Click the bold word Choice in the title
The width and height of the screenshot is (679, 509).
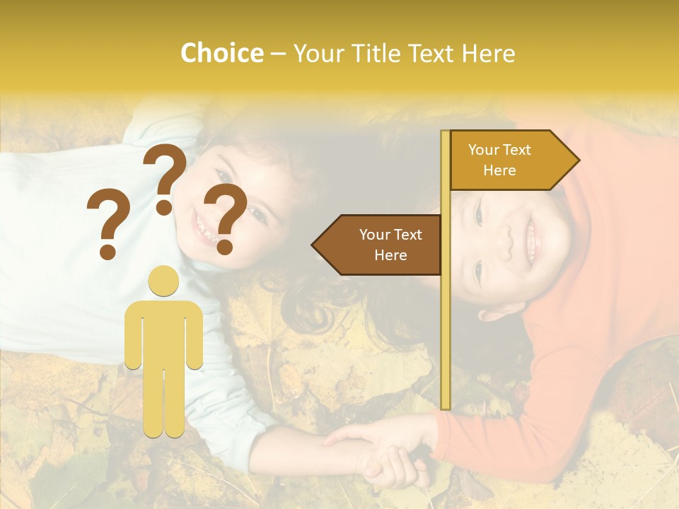point(221,54)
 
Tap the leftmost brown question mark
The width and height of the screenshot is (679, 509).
point(108,224)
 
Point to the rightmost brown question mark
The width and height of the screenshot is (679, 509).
point(226,218)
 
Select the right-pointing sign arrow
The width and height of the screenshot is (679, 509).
point(513,160)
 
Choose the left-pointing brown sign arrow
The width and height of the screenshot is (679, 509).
point(378,245)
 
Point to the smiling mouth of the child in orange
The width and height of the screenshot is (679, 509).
point(532,237)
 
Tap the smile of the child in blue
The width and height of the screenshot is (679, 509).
point(205,230)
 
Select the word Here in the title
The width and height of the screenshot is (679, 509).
point(489,54)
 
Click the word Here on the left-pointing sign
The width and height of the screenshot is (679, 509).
point(390,255)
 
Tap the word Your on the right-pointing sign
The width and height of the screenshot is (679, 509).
point(484,150)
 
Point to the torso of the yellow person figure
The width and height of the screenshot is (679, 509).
point(164,332)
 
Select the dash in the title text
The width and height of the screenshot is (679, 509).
point(279,54)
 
